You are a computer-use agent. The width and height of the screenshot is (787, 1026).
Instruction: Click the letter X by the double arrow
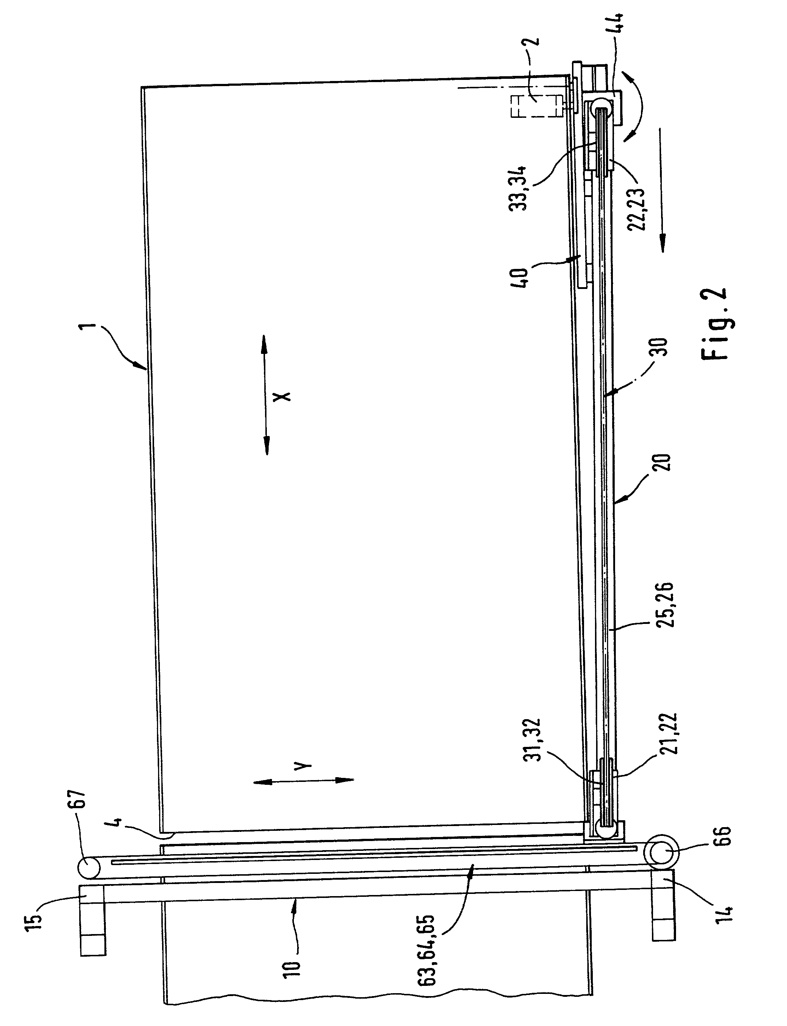(x=283, y=396)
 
